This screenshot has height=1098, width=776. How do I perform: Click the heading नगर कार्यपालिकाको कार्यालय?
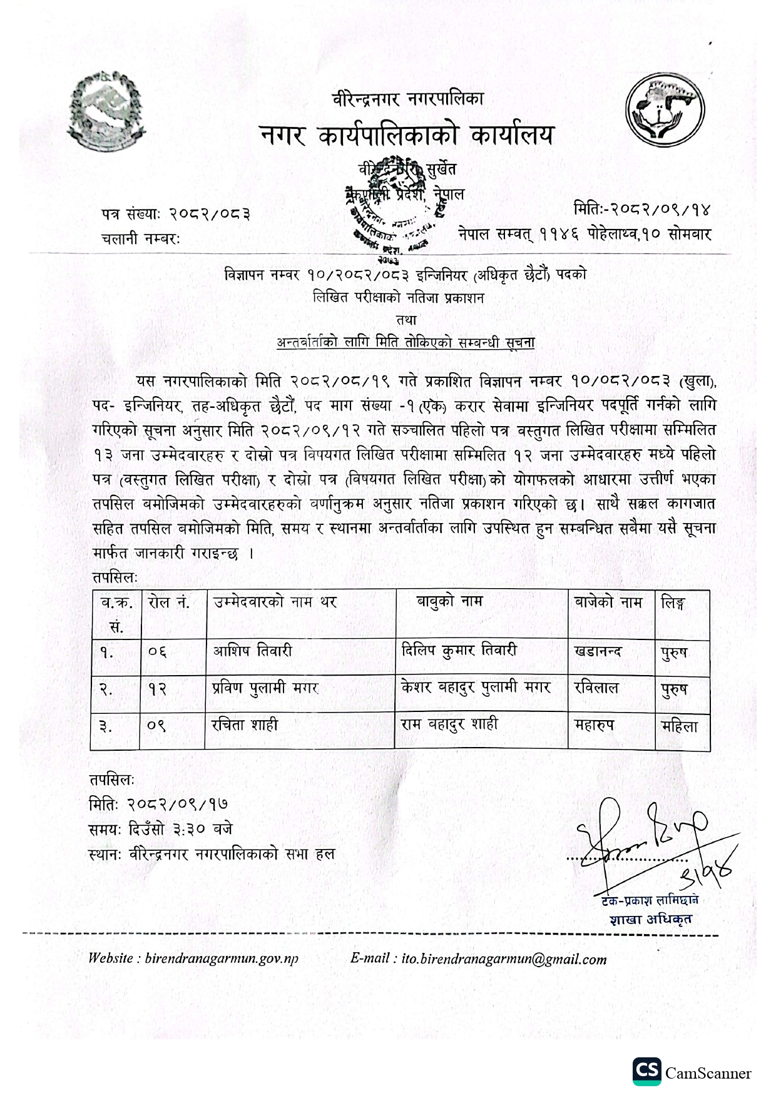click(x=407, y=134)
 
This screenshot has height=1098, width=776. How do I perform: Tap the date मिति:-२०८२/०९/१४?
click(x=643, y=208)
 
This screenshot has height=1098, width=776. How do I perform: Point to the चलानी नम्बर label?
click(x=140, y=238)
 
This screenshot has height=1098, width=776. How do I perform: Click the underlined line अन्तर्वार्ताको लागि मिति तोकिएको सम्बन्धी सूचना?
click(x=406, y=342)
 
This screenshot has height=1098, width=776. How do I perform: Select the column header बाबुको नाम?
click(x=450, y=602)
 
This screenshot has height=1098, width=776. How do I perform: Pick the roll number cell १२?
click(x=158, y=688)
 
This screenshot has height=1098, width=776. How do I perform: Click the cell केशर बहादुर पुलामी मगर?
click(x=476, y=688)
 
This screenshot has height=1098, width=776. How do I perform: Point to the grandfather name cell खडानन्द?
click(x=598, y=651)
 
